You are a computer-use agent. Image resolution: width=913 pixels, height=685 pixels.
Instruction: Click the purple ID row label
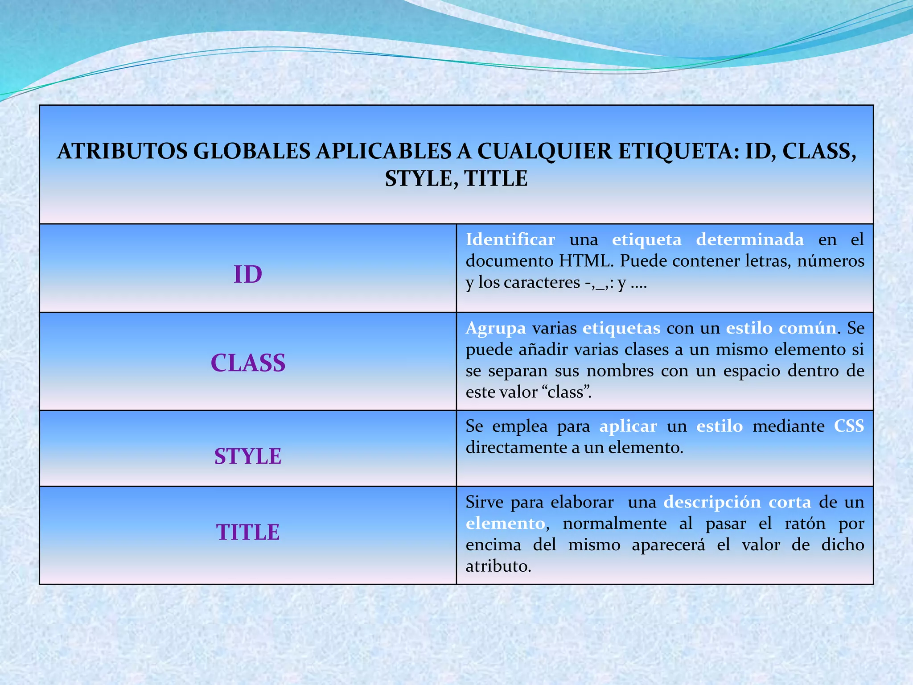pyautogui.click(x=248, y=274)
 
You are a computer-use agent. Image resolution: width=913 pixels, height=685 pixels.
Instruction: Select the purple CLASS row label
pyautogui.click(x=248, y=363)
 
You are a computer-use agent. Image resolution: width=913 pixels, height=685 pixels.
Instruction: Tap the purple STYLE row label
pyautogui.click(x=248, y=456)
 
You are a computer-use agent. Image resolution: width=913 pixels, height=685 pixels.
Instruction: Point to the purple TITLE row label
pyautogui.click(x=248, y=532)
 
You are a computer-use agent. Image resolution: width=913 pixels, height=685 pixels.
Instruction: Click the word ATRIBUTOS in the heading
pyautogui.click(x=122, y=151)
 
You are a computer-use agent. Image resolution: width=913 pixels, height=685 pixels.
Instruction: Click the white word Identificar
pyautogui.click(x=510, y=239)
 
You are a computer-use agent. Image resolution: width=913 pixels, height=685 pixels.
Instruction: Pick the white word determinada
pyautogui.click(x=750, y=239)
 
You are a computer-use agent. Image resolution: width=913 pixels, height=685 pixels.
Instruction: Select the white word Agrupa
pyautogui.click(x=496, y=328)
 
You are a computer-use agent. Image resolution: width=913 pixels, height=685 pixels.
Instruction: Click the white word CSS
pyautogui.click(x=849, y=426)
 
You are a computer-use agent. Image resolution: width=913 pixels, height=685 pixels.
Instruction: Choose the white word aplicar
pyautogui.click(x=628, y=426)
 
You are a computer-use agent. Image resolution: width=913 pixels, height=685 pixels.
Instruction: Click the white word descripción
pyautogui.click(x=712, y=502)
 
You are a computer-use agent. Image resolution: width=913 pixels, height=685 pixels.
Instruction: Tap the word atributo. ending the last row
pyautogui.click(x=498, y=566)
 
